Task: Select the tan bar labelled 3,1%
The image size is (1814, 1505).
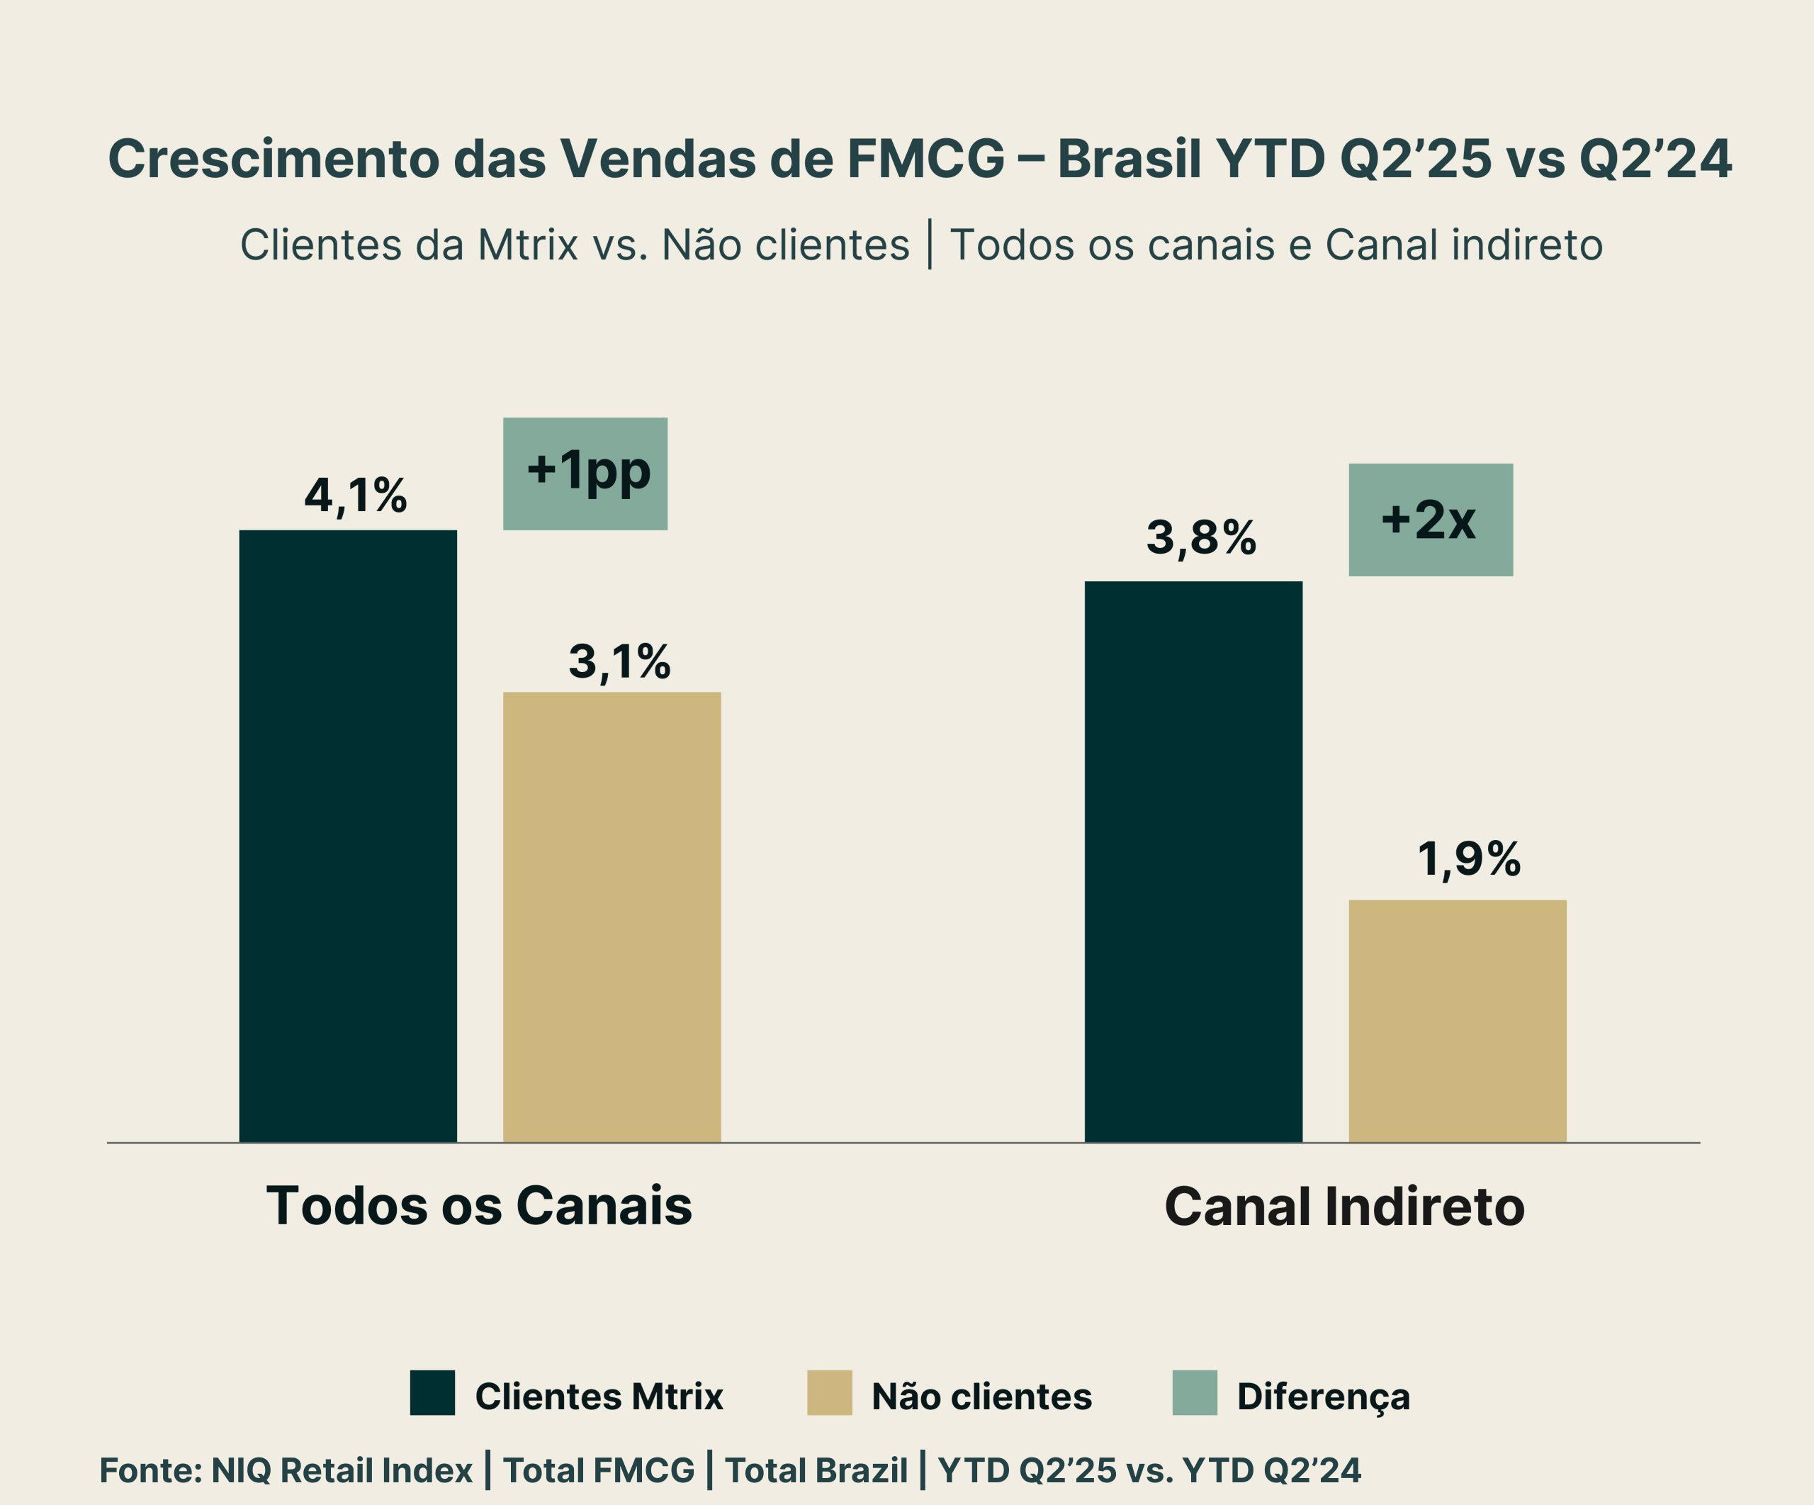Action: pyautogui.click(x=612, y=917)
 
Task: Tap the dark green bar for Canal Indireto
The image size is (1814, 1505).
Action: pyautogui.click(x=1193, y=861)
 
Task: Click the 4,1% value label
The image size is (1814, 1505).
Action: pyautogui.click(x=355, y=496)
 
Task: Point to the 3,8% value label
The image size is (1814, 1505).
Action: pyautogui.click(x=1200, y=537)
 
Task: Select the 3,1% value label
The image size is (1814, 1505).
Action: pyautogui.click(x=619, y=662)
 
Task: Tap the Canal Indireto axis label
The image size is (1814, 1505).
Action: pyautogui.click(x=1344, y=1206)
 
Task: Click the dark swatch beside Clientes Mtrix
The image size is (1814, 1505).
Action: pyautogui.click(x=432, y=1393)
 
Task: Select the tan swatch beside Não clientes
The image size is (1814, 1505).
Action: pyautogui.click(x=829, y=1393)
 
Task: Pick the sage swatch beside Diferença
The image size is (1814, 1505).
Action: pyautogui.click(x=1195, y=1393)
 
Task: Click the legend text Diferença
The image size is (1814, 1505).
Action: pyautogui.click(x=1324, y=1396)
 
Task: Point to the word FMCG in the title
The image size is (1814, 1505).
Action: pyautogui.click(x=926, y=159)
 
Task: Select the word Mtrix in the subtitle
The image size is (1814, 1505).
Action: pyautogui.click(x=527, y=245)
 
